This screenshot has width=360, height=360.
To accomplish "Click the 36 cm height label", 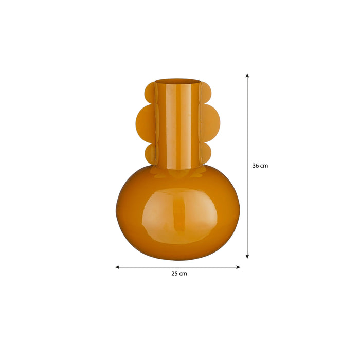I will click(x=260, y=166).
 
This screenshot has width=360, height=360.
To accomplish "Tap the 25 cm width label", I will click(x=179, y=274).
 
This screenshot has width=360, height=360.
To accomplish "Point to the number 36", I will click(x=256, y=166).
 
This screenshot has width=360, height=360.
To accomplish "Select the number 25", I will click(x=174, y=274).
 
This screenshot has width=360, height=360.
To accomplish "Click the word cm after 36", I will click(x=264, y=166).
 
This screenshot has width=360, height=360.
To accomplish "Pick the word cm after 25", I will click(x=183, y=274).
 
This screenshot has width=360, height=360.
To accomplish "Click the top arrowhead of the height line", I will click(x=247, y=75).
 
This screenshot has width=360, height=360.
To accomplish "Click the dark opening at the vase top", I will click(x=177, y=81).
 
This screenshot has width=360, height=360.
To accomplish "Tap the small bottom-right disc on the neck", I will click(x=205, y=153).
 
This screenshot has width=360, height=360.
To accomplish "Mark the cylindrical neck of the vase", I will click(x=177, y=129).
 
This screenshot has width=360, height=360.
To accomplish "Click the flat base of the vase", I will click(x=177, y=257).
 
